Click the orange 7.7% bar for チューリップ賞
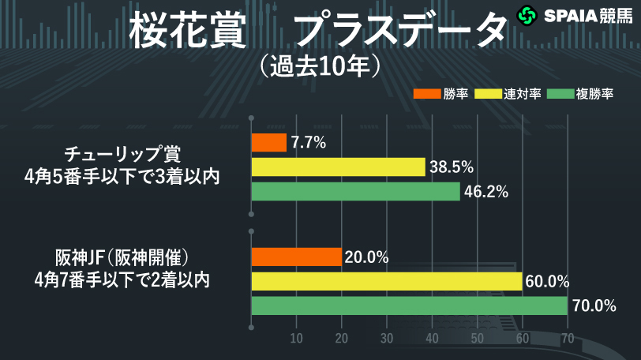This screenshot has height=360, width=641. (268, 143)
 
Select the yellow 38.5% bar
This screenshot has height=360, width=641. (338, 167)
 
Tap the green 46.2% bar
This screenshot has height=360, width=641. (355, 192)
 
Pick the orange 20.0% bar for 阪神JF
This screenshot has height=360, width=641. (296, 257)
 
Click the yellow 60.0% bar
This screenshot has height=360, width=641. (386, 282)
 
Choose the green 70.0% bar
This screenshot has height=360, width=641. (409, 306)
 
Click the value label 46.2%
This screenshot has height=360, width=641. (485, 192)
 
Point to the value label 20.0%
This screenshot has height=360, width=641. (367, 257)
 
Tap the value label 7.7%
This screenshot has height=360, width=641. (309, 143)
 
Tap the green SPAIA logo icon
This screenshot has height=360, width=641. (527, 15)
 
